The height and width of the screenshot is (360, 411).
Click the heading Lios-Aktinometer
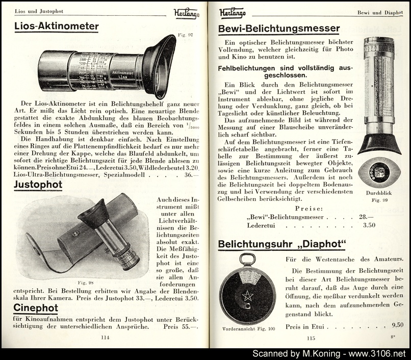(56, 27)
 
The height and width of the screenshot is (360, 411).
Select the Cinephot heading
(36, 308)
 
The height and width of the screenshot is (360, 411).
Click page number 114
(105, 337)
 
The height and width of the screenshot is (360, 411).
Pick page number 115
(311, 338)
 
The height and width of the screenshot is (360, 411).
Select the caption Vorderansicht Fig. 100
(249, 328)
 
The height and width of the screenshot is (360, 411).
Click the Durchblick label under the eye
(378, 193)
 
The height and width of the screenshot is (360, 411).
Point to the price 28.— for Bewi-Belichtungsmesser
(366, 217)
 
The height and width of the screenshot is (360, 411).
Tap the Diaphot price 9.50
(397, 325)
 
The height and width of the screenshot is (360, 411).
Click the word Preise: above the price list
(309, 208)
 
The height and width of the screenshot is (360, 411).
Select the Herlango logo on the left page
(186, 13)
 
